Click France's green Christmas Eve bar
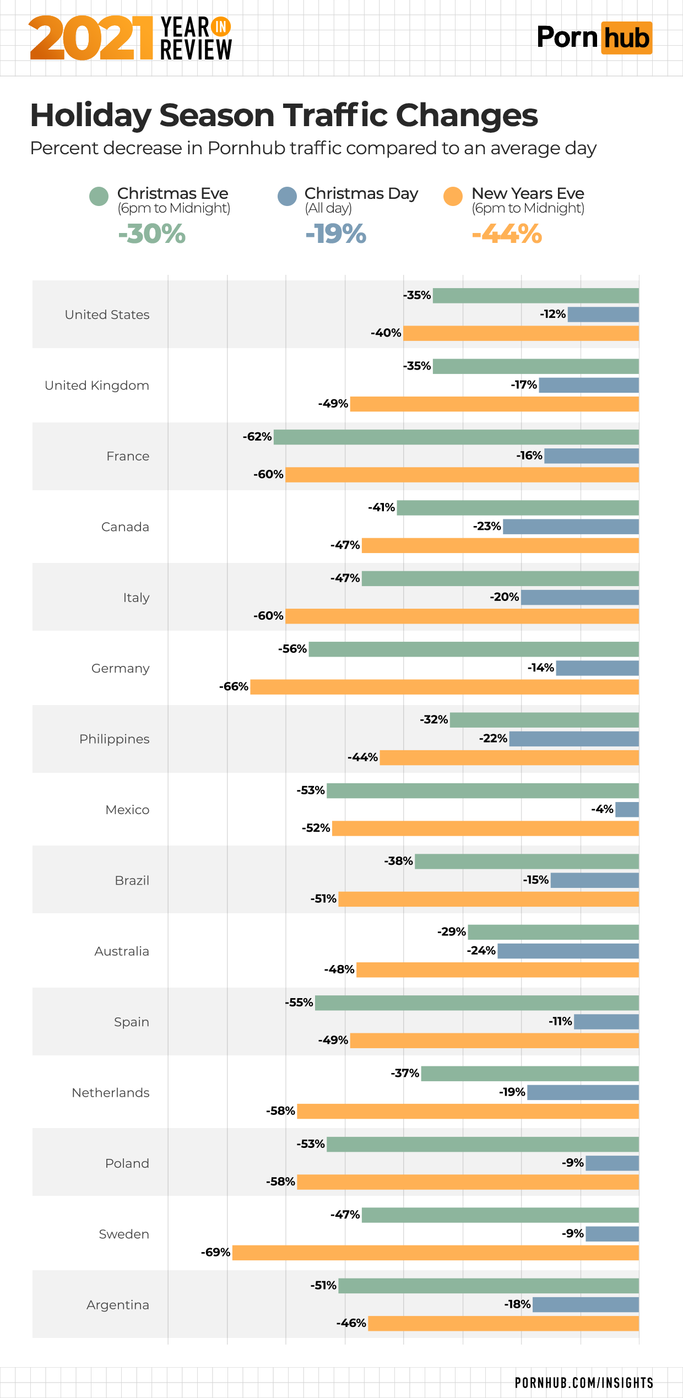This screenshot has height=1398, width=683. click(456, 437)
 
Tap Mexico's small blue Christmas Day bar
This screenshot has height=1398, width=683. click(627, 810)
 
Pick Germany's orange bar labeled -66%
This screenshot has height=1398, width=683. click(444, 687)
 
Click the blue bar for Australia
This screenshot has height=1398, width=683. click(568, 951)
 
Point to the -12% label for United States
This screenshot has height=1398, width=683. click(553, 314)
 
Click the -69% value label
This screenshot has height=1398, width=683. click(215, 1253)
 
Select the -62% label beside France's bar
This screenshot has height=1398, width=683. click(257, 437)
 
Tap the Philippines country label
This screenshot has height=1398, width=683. click(114, 739)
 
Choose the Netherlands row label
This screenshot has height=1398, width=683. click(110, 1093)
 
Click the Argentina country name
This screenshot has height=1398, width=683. click(117, 1305)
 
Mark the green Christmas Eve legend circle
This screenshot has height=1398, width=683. click(99, 196)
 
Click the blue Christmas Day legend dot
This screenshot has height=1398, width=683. click(287, 196)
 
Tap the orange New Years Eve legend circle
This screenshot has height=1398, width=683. click(453, 196)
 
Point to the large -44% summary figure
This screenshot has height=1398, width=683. click(507, 234)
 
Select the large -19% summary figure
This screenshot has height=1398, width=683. click(336, 234)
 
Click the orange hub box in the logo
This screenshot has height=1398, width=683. click(626, 38)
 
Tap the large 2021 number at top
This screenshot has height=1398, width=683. click(91, 38)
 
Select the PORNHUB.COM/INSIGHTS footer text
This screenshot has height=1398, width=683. click(584, 1383)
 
